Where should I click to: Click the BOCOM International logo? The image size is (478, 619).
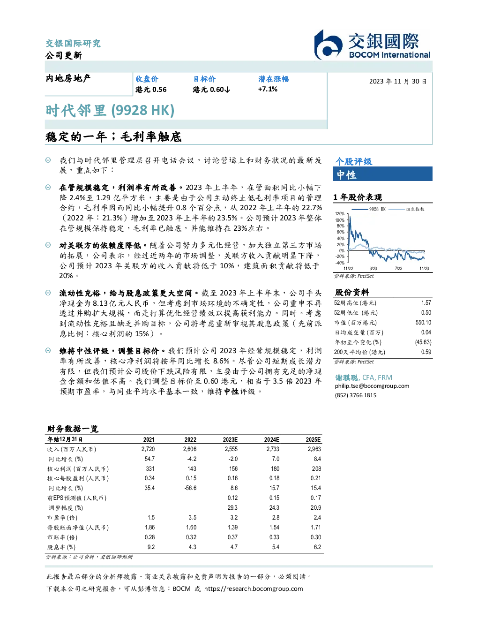373,45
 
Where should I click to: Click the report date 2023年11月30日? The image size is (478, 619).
398,82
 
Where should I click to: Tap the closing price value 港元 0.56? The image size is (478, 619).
151,90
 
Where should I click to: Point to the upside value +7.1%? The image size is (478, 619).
268,89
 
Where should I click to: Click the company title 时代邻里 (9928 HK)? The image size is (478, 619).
110,111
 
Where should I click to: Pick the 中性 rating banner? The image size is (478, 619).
382,174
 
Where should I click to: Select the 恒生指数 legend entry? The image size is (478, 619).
406,209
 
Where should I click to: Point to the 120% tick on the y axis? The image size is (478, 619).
340,214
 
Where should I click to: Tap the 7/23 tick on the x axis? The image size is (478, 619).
399,269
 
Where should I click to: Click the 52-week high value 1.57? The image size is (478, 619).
426,303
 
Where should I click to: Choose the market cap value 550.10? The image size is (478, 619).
423,323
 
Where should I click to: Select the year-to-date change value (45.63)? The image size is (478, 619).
423,342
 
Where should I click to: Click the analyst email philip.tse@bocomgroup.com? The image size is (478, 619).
372,386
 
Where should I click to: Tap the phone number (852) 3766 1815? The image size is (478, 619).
356,395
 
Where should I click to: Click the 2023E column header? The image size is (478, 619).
230,439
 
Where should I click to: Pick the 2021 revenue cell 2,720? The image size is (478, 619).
148,449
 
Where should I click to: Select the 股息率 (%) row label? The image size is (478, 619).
61,547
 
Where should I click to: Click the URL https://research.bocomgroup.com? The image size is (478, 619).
254,589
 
